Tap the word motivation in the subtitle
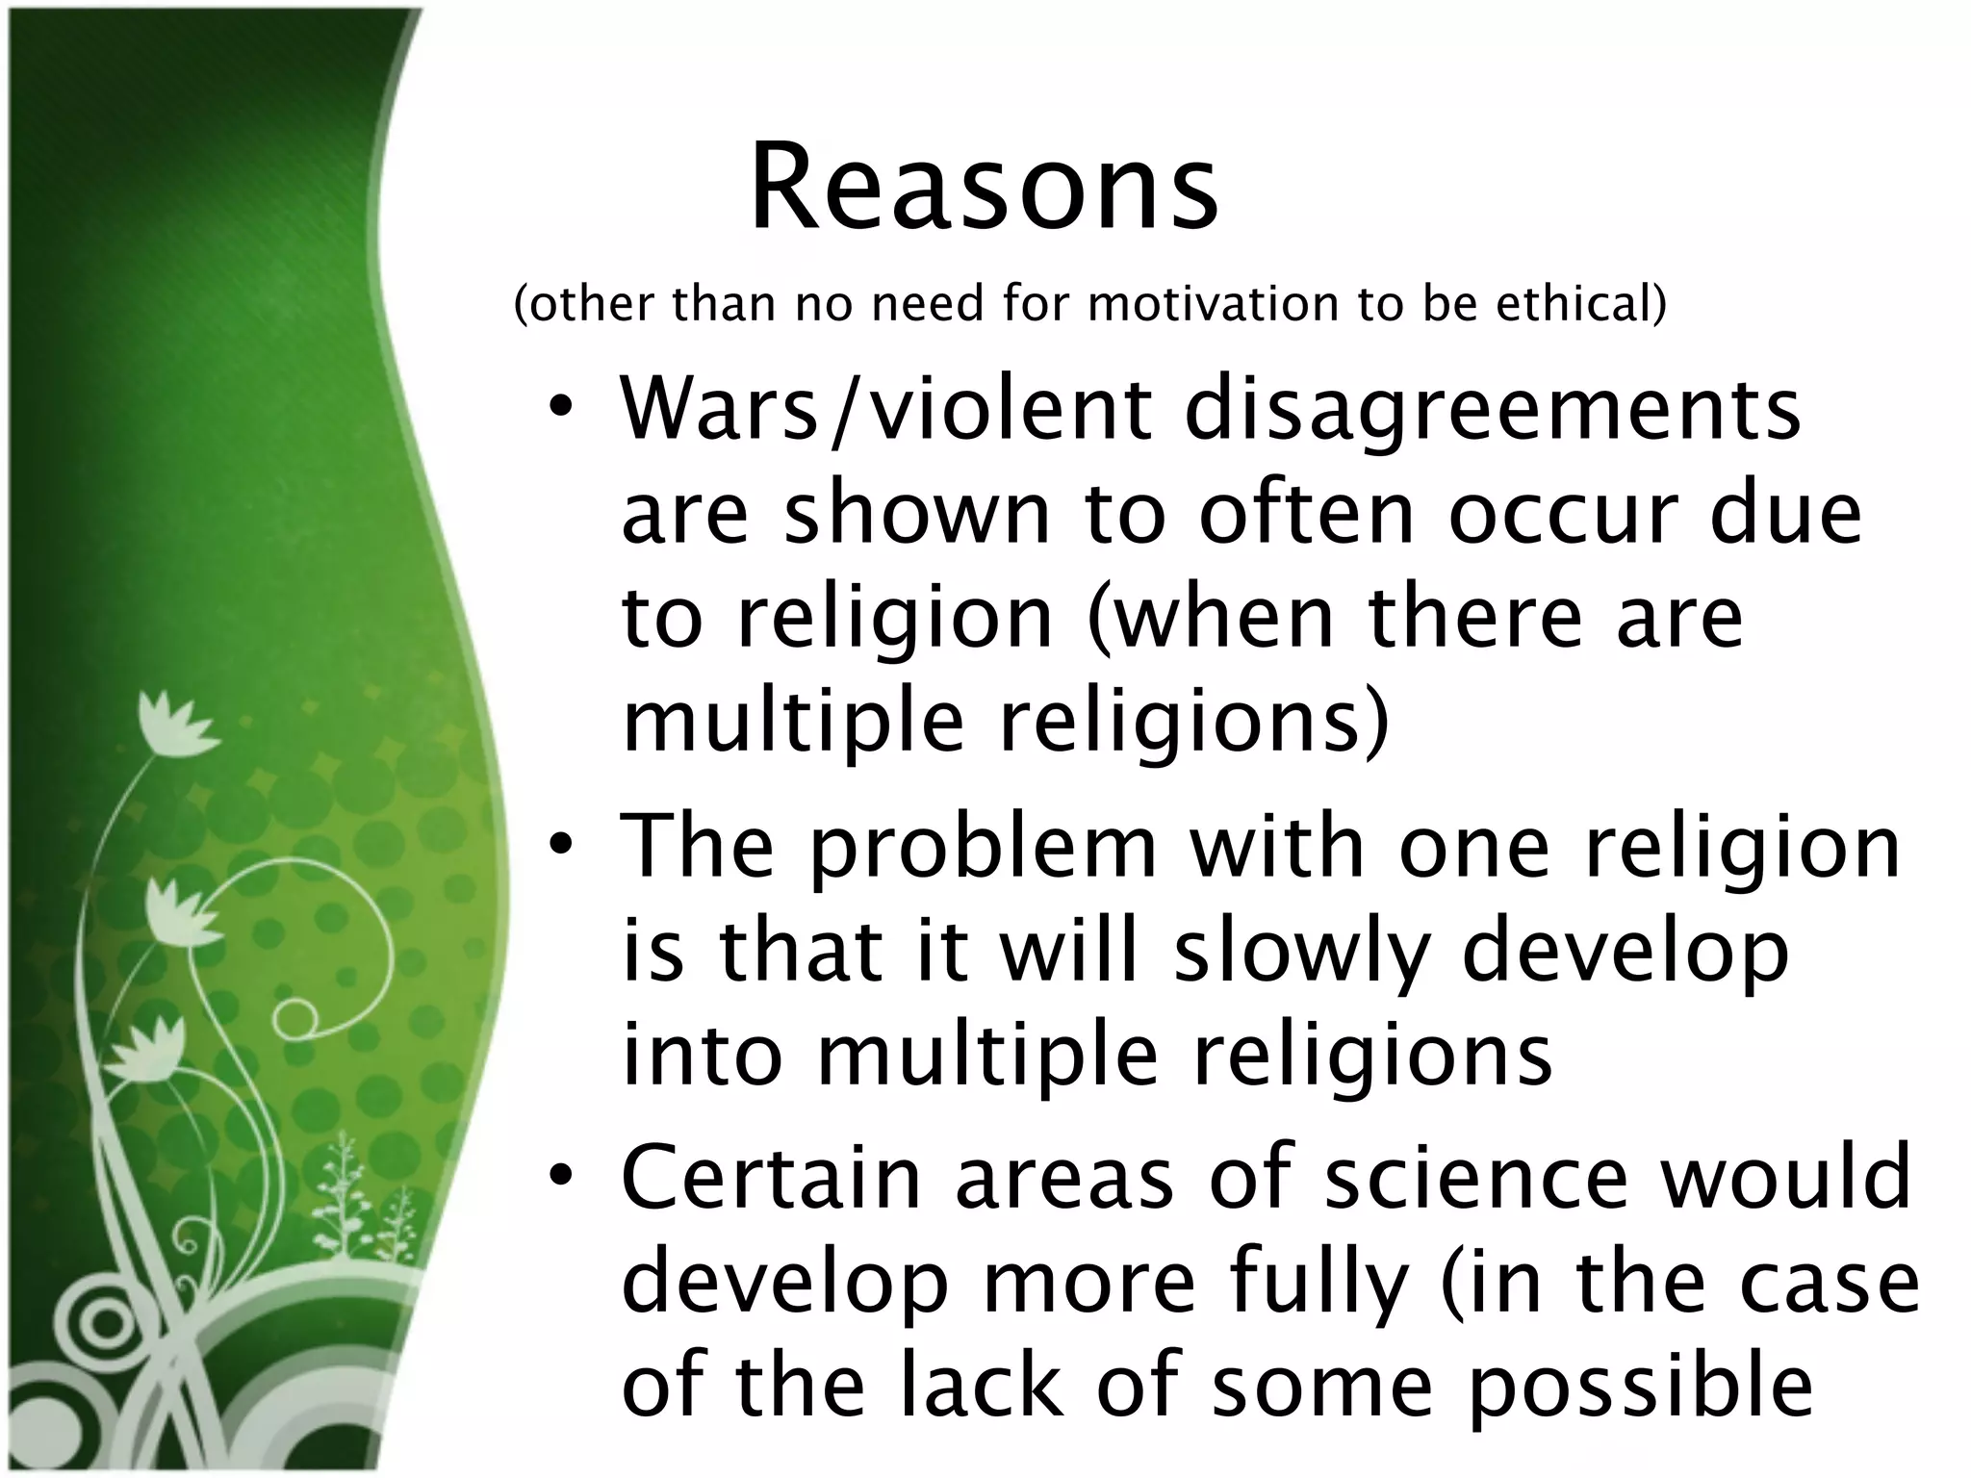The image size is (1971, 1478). (x=1214, y=304)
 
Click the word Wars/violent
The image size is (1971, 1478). (x=885, y=411)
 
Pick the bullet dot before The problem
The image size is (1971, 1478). (x=562, y=843)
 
